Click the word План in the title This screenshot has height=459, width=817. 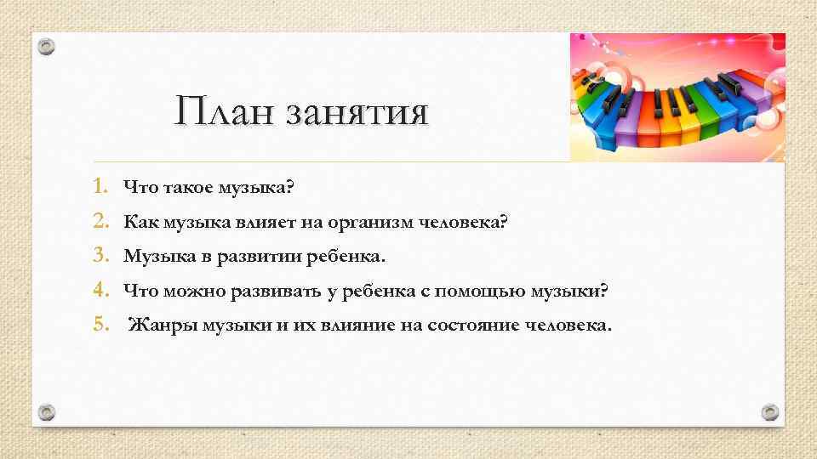pyautogui.click(x=224, y=112)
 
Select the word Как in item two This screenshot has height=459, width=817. pyautogui.click(x=139, y=222)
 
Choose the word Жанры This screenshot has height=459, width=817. pyautogui.click(x=163, y=326)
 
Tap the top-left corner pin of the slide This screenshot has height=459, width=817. pyautogui.click(x=48, y=47)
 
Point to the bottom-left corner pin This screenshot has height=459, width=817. pyautogui.click(x=48, y=412)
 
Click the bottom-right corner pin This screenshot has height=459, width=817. pyautogui.click(x=769, y=412)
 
